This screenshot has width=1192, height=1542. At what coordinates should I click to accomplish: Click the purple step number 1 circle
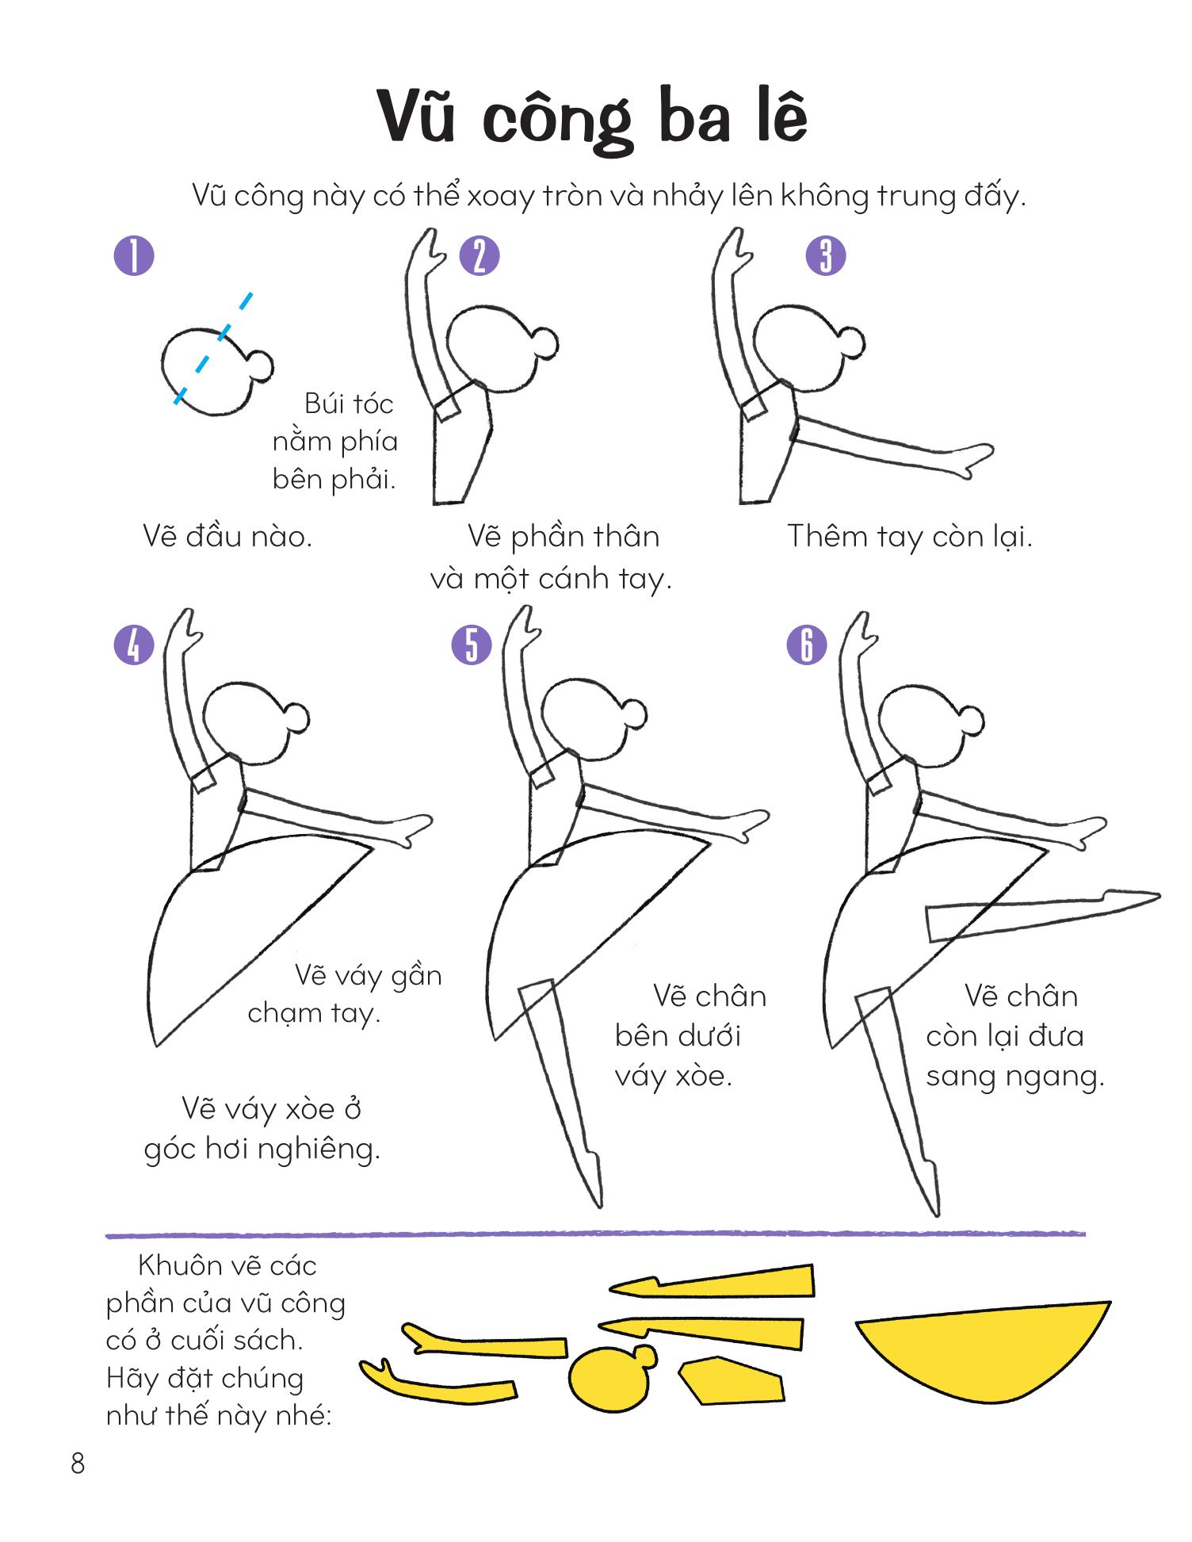click(x=134, y=255)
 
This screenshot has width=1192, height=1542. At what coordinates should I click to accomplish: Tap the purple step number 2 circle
click(x=479, y=256)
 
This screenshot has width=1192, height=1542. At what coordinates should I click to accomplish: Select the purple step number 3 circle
click(x=826, y=256)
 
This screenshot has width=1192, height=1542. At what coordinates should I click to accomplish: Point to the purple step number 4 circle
click(x=134, y=644)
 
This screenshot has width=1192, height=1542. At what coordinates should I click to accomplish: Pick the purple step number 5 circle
click(x=472, y=644)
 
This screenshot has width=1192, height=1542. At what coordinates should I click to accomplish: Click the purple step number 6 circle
click(x=807, y=644)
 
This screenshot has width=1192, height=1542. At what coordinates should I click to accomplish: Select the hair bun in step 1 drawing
click(x=261, y=365)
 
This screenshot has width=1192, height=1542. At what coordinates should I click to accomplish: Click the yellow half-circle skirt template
click(x=983, y=1353)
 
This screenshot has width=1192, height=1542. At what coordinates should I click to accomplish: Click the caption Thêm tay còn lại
click(x=909, y=537)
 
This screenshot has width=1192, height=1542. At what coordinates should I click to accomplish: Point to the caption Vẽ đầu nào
click(x=228, y=537)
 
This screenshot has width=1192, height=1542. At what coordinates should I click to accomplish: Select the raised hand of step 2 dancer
click(x=427, y=247)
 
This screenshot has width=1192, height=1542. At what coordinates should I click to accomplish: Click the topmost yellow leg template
click(x=712, y=1282)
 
